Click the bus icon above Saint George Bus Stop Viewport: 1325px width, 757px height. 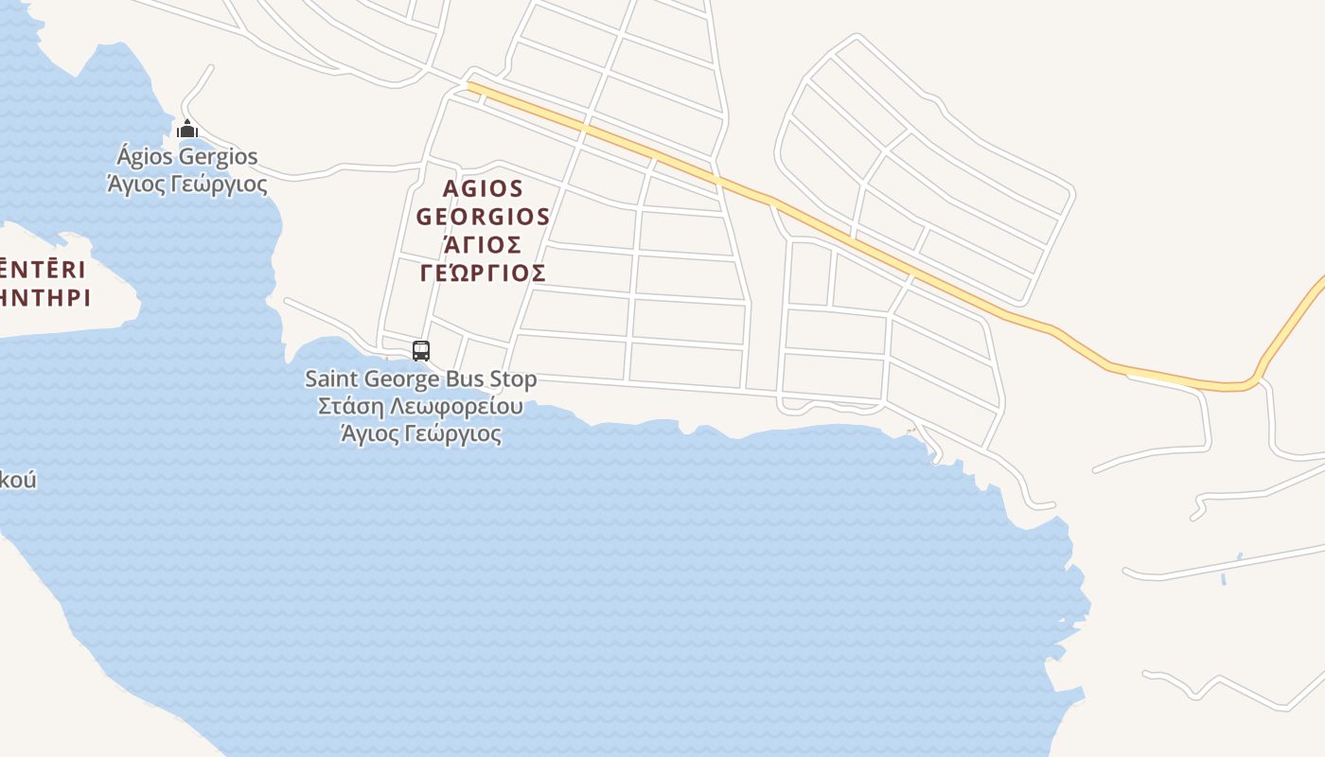click(421, 351)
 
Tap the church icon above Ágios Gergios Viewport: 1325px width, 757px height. click(187, 129)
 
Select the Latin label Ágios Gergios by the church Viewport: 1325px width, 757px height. click(186, 156)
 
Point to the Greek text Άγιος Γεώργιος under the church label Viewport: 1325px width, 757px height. click(186, 184)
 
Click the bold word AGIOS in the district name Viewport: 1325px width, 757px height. click(483, 188)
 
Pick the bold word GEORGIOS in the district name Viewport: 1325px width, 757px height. click(483, 217)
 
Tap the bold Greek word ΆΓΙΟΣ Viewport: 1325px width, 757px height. click(483, 245)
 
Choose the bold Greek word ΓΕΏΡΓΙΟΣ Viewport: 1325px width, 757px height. click(483, 273)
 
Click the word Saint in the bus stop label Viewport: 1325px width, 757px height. click(331, 379)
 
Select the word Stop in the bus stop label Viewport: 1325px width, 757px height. click(513, 379)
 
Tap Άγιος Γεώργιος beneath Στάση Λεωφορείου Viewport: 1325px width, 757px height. click(420, 434)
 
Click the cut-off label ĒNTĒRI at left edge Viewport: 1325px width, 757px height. click(43, 270)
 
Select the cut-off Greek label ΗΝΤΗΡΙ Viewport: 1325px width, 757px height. click(44, 298)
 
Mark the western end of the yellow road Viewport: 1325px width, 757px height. click(471, 86)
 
